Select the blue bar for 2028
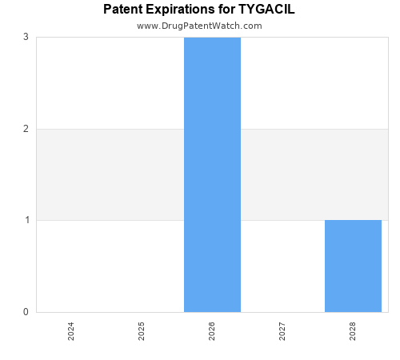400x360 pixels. pyautogui.click(x=353, y=266)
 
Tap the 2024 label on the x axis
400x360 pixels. pyautogui.click(x=71, y=331)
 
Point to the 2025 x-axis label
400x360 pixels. pyautogui.click(x=142, y=331)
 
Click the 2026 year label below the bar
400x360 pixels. pyautogui.click(x=212, y=331)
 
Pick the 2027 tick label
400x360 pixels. pyautogui.click(x=282, y=331)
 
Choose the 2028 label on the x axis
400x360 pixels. pyautogui.click(x=353, y=331)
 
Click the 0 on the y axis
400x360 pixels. pyautogui.click(x=26, y=312)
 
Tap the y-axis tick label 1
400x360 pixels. pyautogui.click(x=26, y=220)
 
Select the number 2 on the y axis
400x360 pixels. pyautogui.click(x=26, y=129)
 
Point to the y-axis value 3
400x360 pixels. pyautogui.click(x=26, y=37)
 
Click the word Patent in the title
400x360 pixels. pyautogui.click(x=123, y=10)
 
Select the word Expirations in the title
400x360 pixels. pyautogui.click(x=181, y=10)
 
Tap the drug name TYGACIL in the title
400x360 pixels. pyautogui.click(x=266, y=10)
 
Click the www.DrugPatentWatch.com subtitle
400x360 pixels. pyautogui.click(x=199, y=26)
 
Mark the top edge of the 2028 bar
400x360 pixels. pyautogui.click(x=353, y=220)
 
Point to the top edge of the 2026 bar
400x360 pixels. pyautogui.click(x=212, y=38)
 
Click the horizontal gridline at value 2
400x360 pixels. pyautogui.click(x=112, y=129)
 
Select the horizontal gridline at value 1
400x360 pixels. pyautogui.click(x=112, y=220)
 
